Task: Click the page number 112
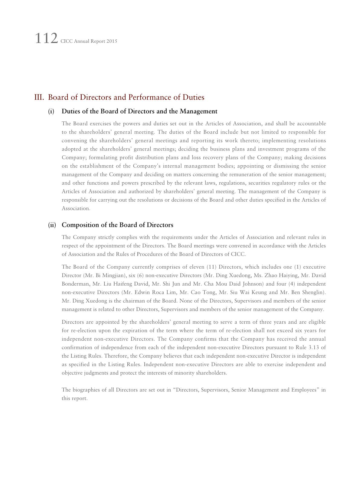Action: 46,39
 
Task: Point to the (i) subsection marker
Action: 51,111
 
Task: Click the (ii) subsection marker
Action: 52,225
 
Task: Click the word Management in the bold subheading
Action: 198,111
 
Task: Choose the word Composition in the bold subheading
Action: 79,225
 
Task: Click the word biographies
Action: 86,390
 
